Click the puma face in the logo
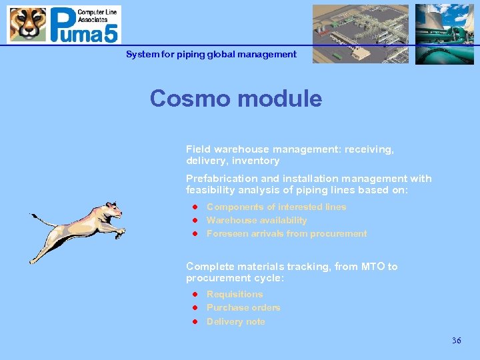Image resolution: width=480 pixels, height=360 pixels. pyautogui.click(x=27, y=25)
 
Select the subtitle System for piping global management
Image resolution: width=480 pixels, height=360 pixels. pyautogui.click(x=211, y=55)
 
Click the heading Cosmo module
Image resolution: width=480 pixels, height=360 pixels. pyautogui.click(x=235, y=99)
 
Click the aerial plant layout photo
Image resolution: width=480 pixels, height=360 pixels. pyautogui.click(x=361, y=34)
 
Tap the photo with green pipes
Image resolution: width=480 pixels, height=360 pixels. pyautogui.click(x=444, y=34)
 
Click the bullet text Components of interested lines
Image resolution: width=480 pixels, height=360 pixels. pyautogui.click(x=276, y=207)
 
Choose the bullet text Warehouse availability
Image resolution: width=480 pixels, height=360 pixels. pyautogui.click(x=257, y=220)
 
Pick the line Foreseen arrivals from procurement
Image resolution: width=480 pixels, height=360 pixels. pyautogui.click(x=287, y=233)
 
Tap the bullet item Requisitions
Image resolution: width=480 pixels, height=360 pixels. pyautogui.click(x=235, y=294)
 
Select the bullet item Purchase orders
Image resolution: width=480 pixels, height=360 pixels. pyautogui.click(x=243, y=307)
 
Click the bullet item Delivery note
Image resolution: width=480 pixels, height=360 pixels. pyautogui.click(x=235, y=321)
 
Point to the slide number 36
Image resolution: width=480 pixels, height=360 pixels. pyautogui.click(x=456, y=341)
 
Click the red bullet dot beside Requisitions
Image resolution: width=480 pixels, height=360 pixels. pyautogui.click(x=196, y=294)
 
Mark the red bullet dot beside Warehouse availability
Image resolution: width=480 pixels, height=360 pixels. pyautogui.click(x=196, y=220)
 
